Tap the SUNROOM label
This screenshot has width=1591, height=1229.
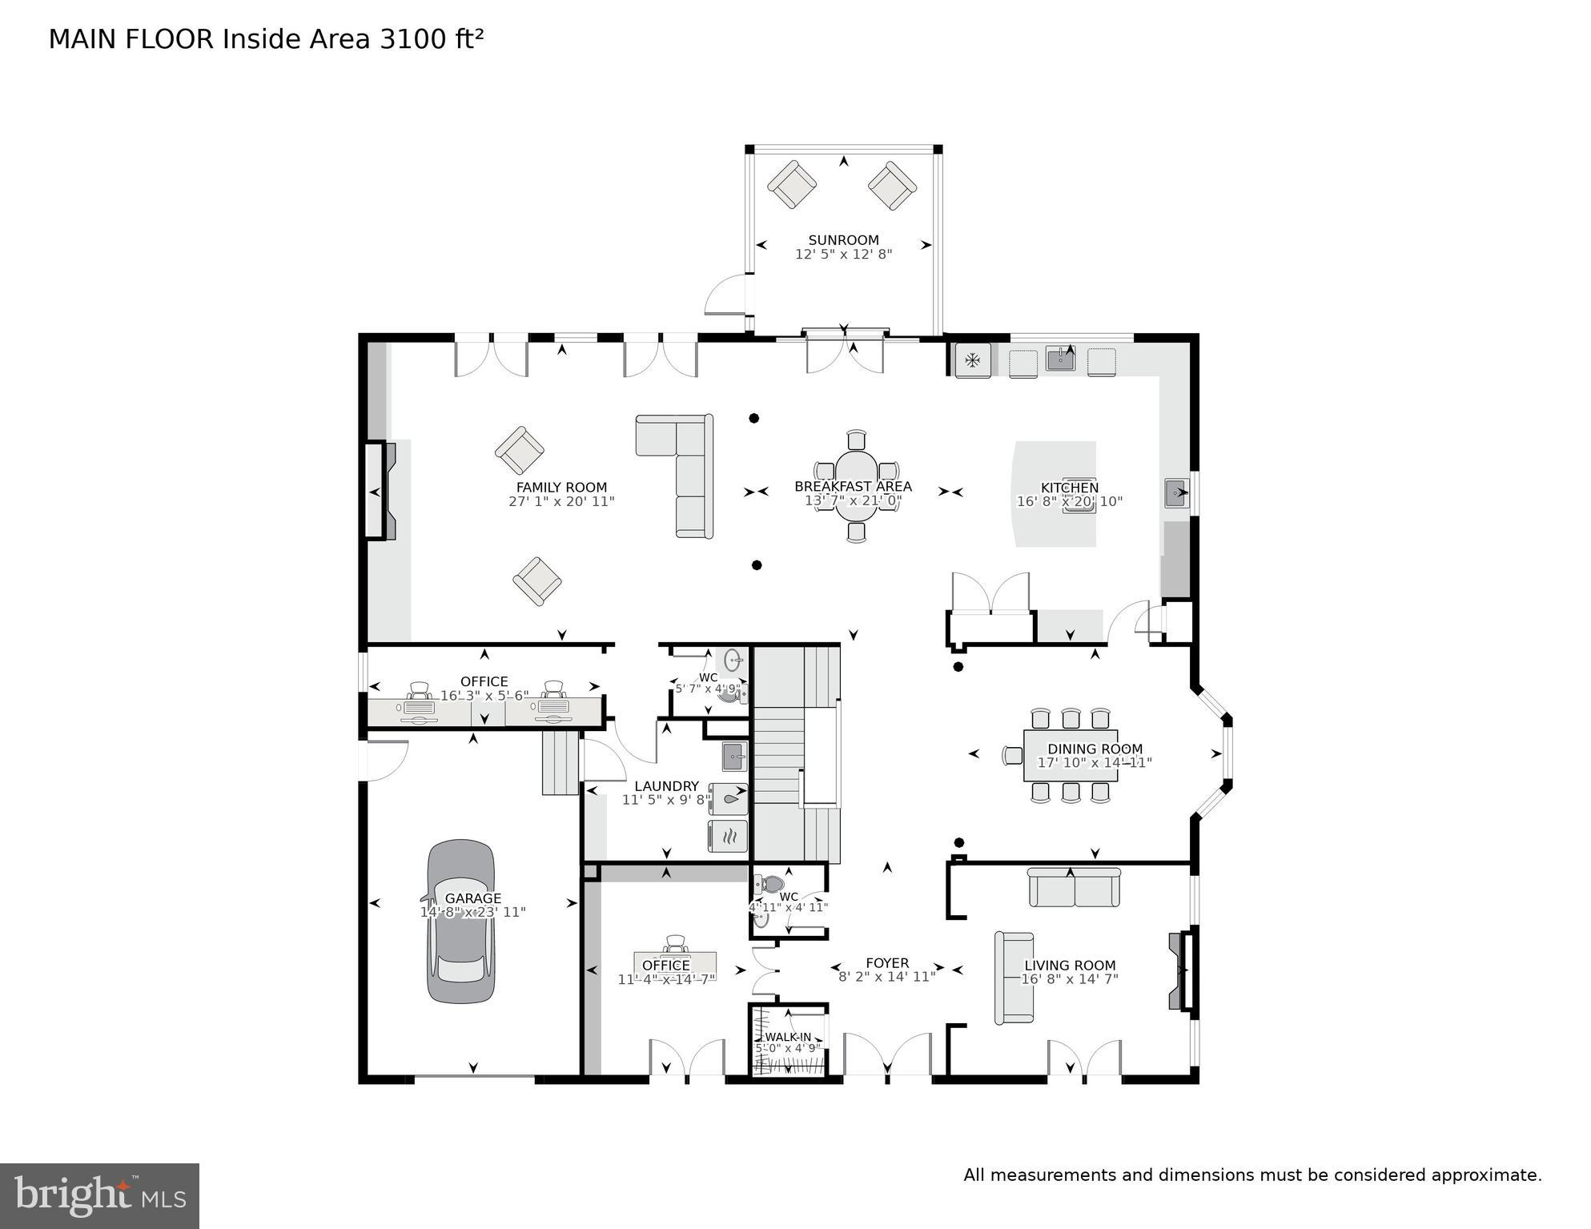[843, 239]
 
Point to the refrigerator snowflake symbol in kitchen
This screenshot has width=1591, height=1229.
[973, 360]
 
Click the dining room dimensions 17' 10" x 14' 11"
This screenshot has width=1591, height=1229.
[1094, 763]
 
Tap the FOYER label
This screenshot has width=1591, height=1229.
[887, 963]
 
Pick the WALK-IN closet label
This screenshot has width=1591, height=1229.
[788, 1037]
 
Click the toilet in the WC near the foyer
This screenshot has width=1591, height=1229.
[771, 885]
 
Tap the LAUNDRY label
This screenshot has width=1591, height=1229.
[666, 786]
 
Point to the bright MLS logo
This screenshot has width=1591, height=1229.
[99, 1195]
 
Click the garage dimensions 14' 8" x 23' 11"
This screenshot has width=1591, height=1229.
[472, 912]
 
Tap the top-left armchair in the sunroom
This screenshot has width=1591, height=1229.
[791, 185]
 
